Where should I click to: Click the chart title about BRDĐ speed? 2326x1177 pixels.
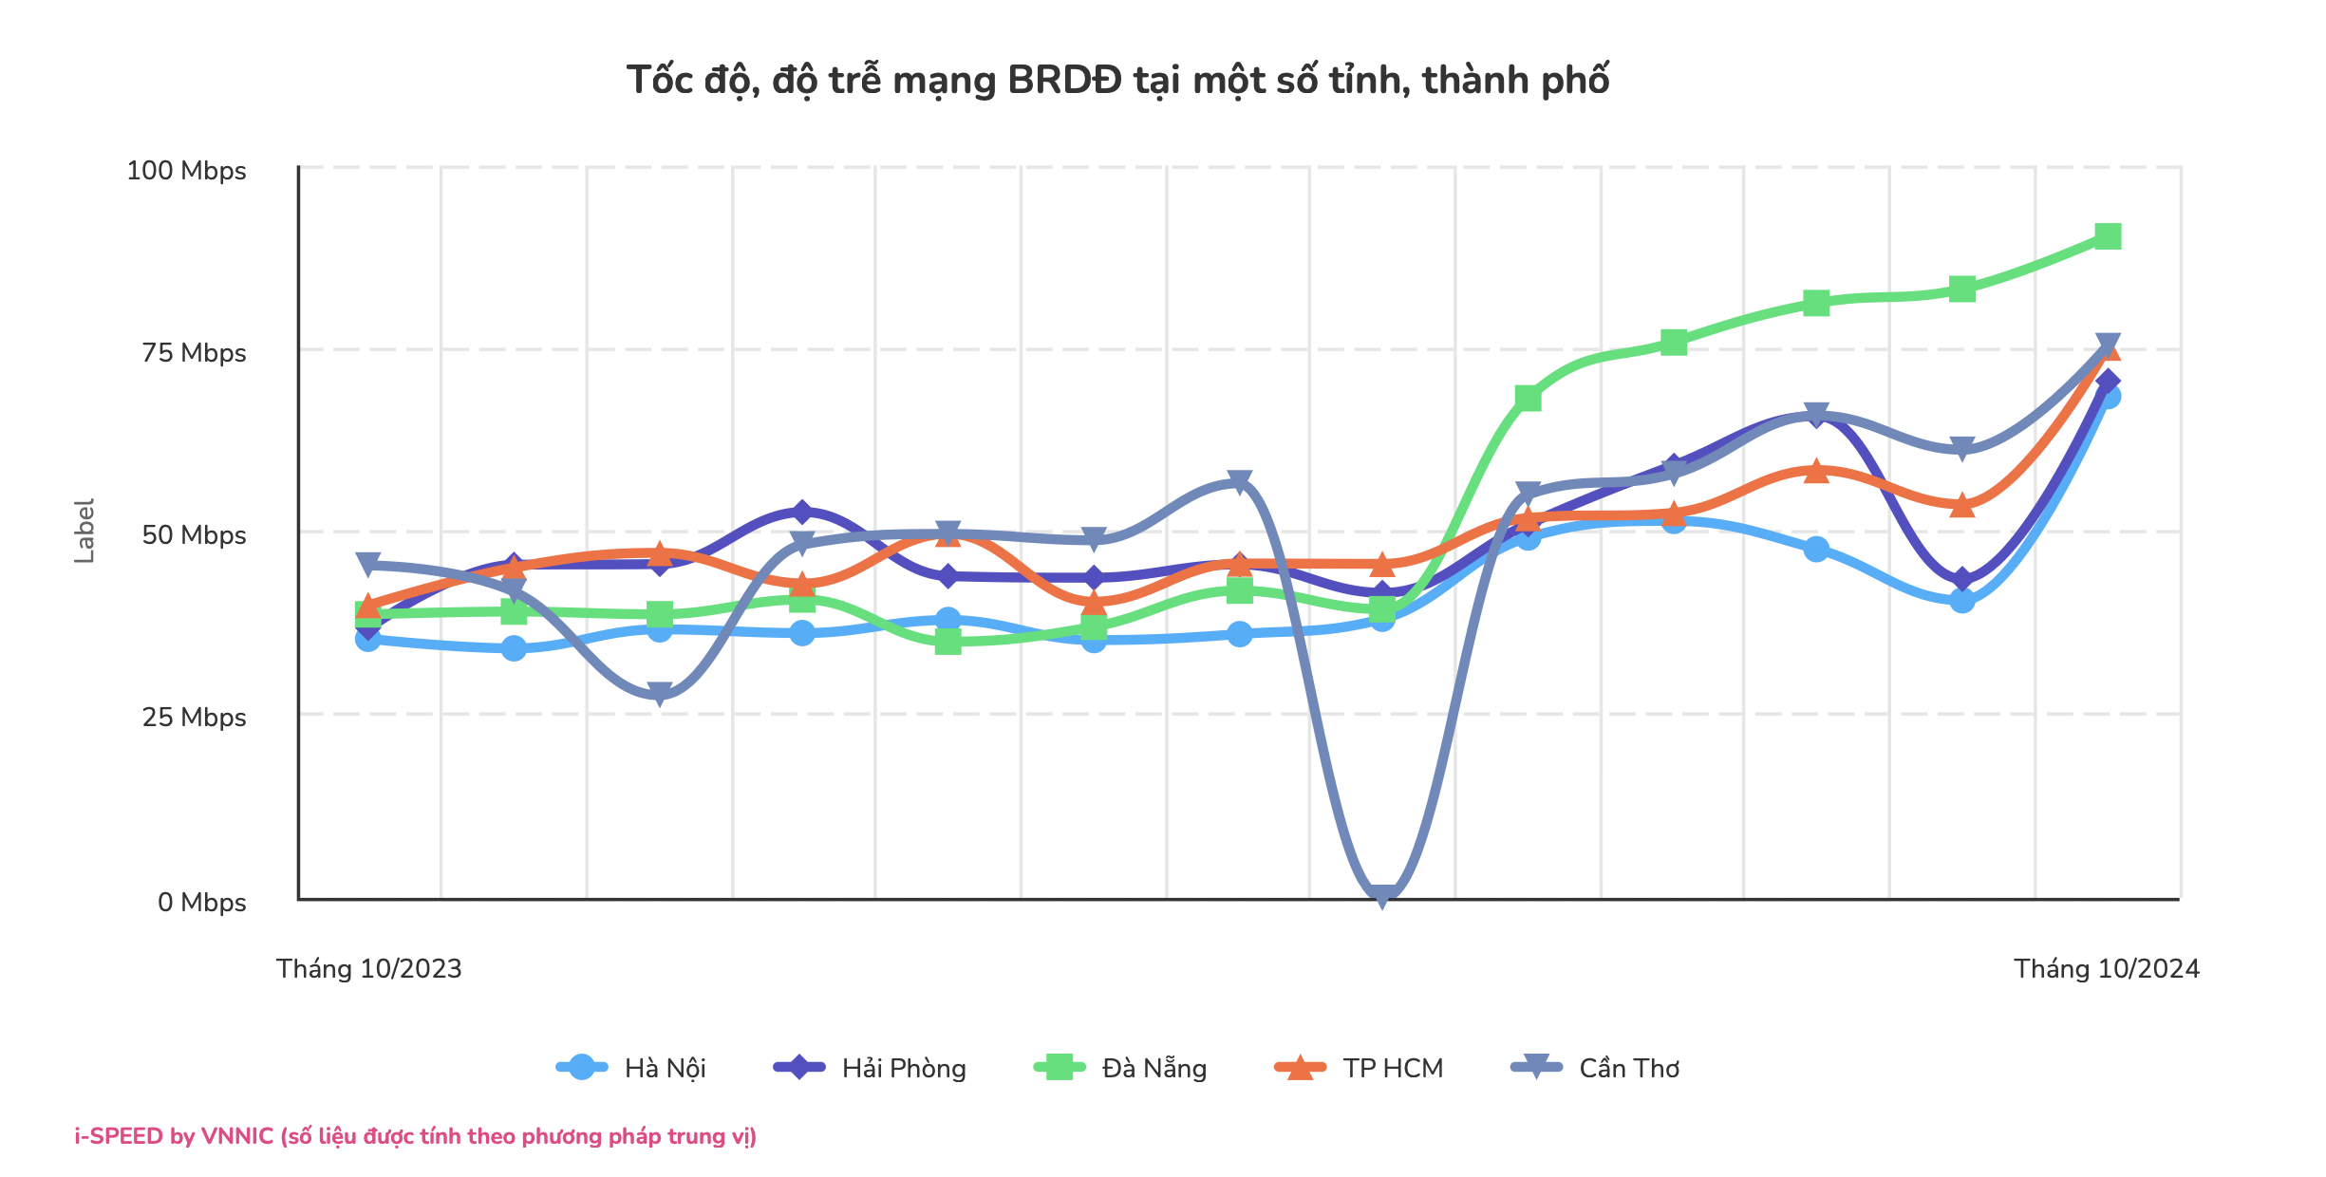click(1117, 81)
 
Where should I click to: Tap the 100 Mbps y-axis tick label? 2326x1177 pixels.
click(186, 171)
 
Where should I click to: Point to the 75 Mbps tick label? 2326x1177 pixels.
click(194, 353)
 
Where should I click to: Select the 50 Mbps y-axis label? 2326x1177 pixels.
click(194, 535)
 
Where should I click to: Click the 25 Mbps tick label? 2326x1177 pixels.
click(194, 718)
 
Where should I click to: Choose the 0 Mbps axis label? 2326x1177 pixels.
click(201, 903)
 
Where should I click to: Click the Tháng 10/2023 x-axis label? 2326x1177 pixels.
click(368, 969)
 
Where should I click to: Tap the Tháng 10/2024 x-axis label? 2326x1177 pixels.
click(2107, 969)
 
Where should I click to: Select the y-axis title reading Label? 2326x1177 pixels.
click(84, 531)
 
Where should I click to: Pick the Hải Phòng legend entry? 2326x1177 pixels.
click(871, 1068)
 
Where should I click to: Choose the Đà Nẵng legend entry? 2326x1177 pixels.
click(1121, 1068)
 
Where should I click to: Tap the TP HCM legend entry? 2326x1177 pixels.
click(1360, 1068)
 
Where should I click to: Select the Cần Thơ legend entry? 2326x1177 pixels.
click(1596, 1068)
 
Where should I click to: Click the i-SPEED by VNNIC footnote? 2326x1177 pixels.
click(416, 1136)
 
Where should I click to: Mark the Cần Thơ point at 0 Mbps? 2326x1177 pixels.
click(1382, 894)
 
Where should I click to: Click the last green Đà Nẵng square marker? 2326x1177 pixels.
click(2108, 236)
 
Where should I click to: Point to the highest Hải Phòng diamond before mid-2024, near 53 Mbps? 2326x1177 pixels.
click(802, 513)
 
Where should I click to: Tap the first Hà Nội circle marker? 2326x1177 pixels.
click(368, 640)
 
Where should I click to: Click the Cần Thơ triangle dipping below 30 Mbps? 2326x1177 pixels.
click(660, 694)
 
